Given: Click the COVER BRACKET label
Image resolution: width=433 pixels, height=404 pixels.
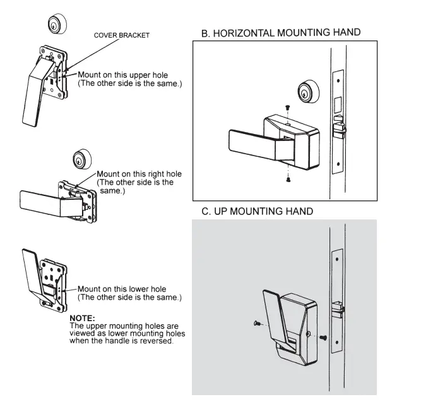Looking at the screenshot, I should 121,35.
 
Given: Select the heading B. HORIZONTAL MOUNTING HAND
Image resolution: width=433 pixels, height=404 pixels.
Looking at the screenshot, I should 281,32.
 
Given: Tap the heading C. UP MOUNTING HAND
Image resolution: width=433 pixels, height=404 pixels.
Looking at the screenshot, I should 257,211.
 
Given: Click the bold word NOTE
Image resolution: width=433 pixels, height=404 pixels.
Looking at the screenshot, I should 81,317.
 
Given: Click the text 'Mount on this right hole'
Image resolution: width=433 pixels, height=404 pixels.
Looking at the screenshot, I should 139,174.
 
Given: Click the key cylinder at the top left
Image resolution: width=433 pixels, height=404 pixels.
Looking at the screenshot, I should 57,23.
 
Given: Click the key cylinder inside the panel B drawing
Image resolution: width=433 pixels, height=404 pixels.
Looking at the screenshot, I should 306,92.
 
